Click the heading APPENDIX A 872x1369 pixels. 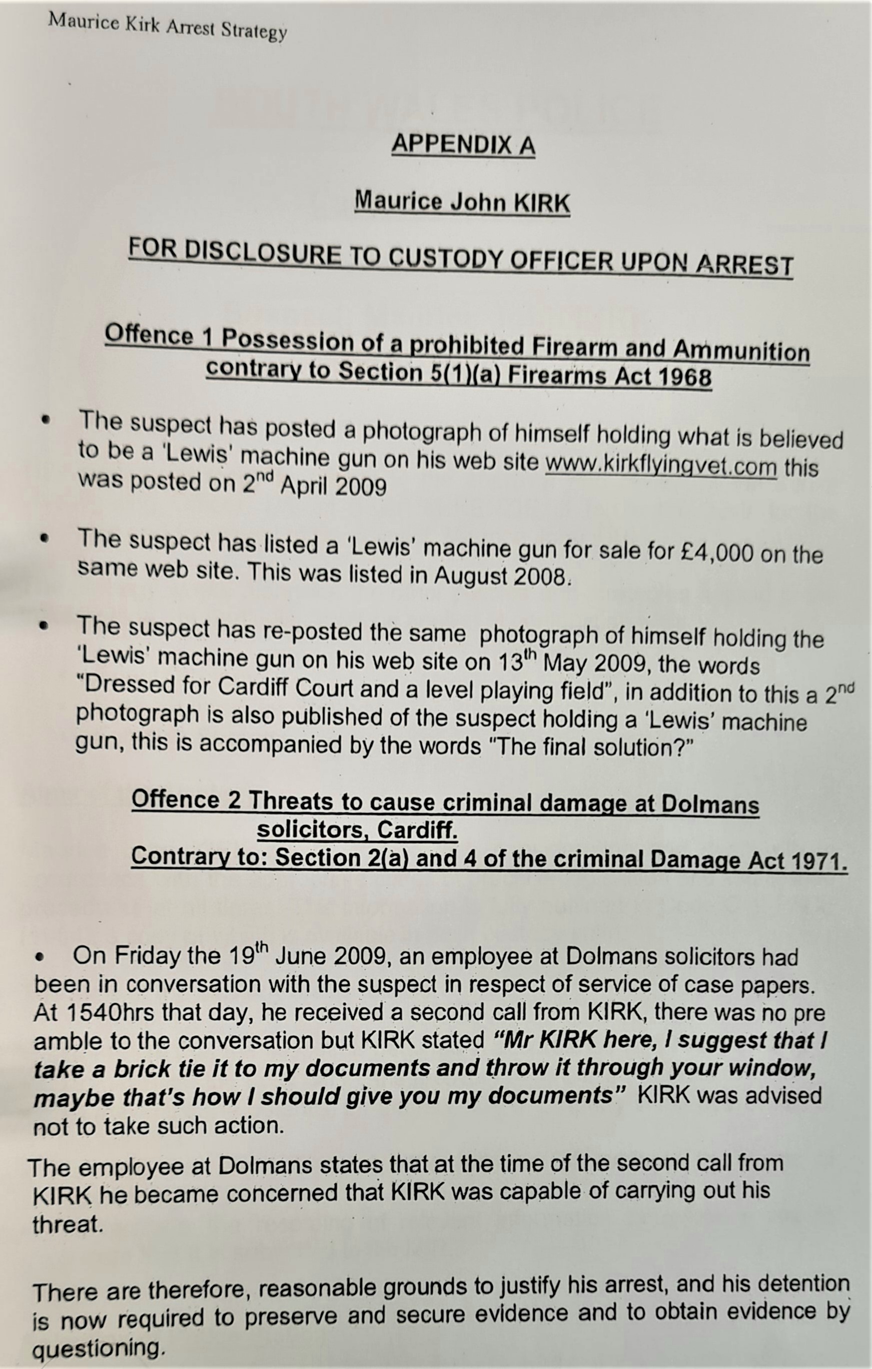point(463,145)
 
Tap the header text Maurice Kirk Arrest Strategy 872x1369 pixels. point(167,27)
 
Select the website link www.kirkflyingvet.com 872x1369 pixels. point(661,466)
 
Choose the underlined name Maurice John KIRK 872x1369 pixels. point(462,202)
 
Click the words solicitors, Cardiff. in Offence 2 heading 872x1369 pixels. point(357,831)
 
